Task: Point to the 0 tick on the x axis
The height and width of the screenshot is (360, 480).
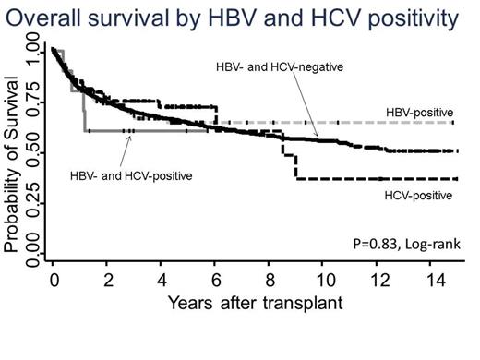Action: pos(54,279)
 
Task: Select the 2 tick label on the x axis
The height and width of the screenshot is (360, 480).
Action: pos(108,279)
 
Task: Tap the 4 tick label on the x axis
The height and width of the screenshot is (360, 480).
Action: pos(162,279)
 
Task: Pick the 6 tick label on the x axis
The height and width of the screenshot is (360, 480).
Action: pos(216,279)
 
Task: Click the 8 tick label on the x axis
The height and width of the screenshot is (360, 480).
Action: pos(270,279)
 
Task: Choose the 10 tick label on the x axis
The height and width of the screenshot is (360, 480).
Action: pos(323,279)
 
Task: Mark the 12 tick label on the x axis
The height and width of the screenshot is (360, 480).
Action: pos(378,279)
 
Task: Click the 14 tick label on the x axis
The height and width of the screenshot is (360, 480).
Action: pos(431,279)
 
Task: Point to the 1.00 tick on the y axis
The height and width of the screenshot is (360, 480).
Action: pos(34,52)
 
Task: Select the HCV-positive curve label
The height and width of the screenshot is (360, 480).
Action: pos(417,195)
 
